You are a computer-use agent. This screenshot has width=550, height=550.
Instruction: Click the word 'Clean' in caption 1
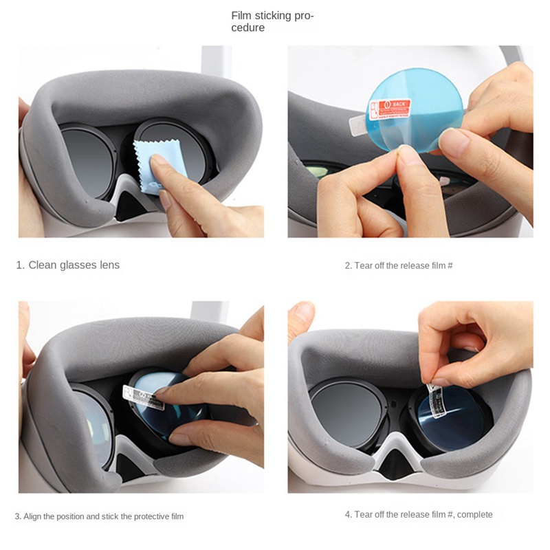pyautogui.click(x=42, y=265)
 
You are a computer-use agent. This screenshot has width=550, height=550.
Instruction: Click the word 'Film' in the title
pyautogui.click(x=241, y=15)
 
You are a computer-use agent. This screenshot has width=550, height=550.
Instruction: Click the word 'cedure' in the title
pyautogui.click(x=247, y=28)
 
